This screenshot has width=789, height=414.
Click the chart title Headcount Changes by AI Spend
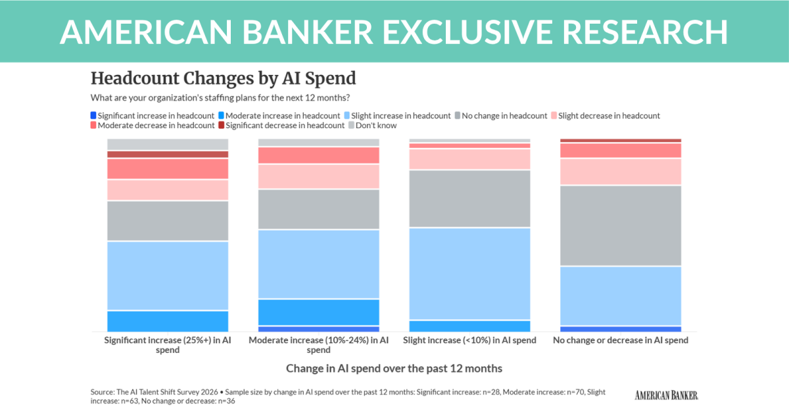223,78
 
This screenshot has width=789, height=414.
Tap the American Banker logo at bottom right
666,394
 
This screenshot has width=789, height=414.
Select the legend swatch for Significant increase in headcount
94,116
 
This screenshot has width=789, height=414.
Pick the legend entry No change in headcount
504,116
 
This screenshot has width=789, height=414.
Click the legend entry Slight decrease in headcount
610,116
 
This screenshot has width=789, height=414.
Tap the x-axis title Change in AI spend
394,368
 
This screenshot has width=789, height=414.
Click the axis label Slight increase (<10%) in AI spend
469,340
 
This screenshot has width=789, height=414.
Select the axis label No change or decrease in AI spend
620,340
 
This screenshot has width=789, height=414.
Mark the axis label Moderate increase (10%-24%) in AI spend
318,345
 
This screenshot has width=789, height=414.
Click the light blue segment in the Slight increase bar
469,273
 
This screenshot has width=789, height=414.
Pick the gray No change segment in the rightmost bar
620,225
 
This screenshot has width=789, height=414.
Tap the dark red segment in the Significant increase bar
168,154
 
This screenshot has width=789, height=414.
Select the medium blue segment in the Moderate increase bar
318,312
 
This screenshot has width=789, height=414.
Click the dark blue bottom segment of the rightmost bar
620,329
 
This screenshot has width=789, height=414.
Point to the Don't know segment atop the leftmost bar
168,145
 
